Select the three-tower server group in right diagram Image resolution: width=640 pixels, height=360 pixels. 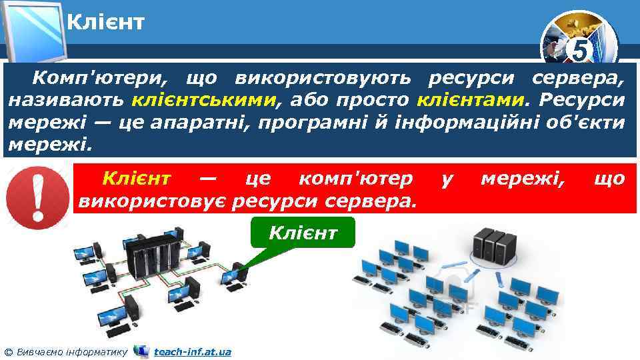[x=493, y=244]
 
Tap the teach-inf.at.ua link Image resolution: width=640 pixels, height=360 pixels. [x=192, y=351]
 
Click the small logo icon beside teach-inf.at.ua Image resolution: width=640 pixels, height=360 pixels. [x=141, y=351]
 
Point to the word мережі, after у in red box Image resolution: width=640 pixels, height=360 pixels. [x=521, y=178]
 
